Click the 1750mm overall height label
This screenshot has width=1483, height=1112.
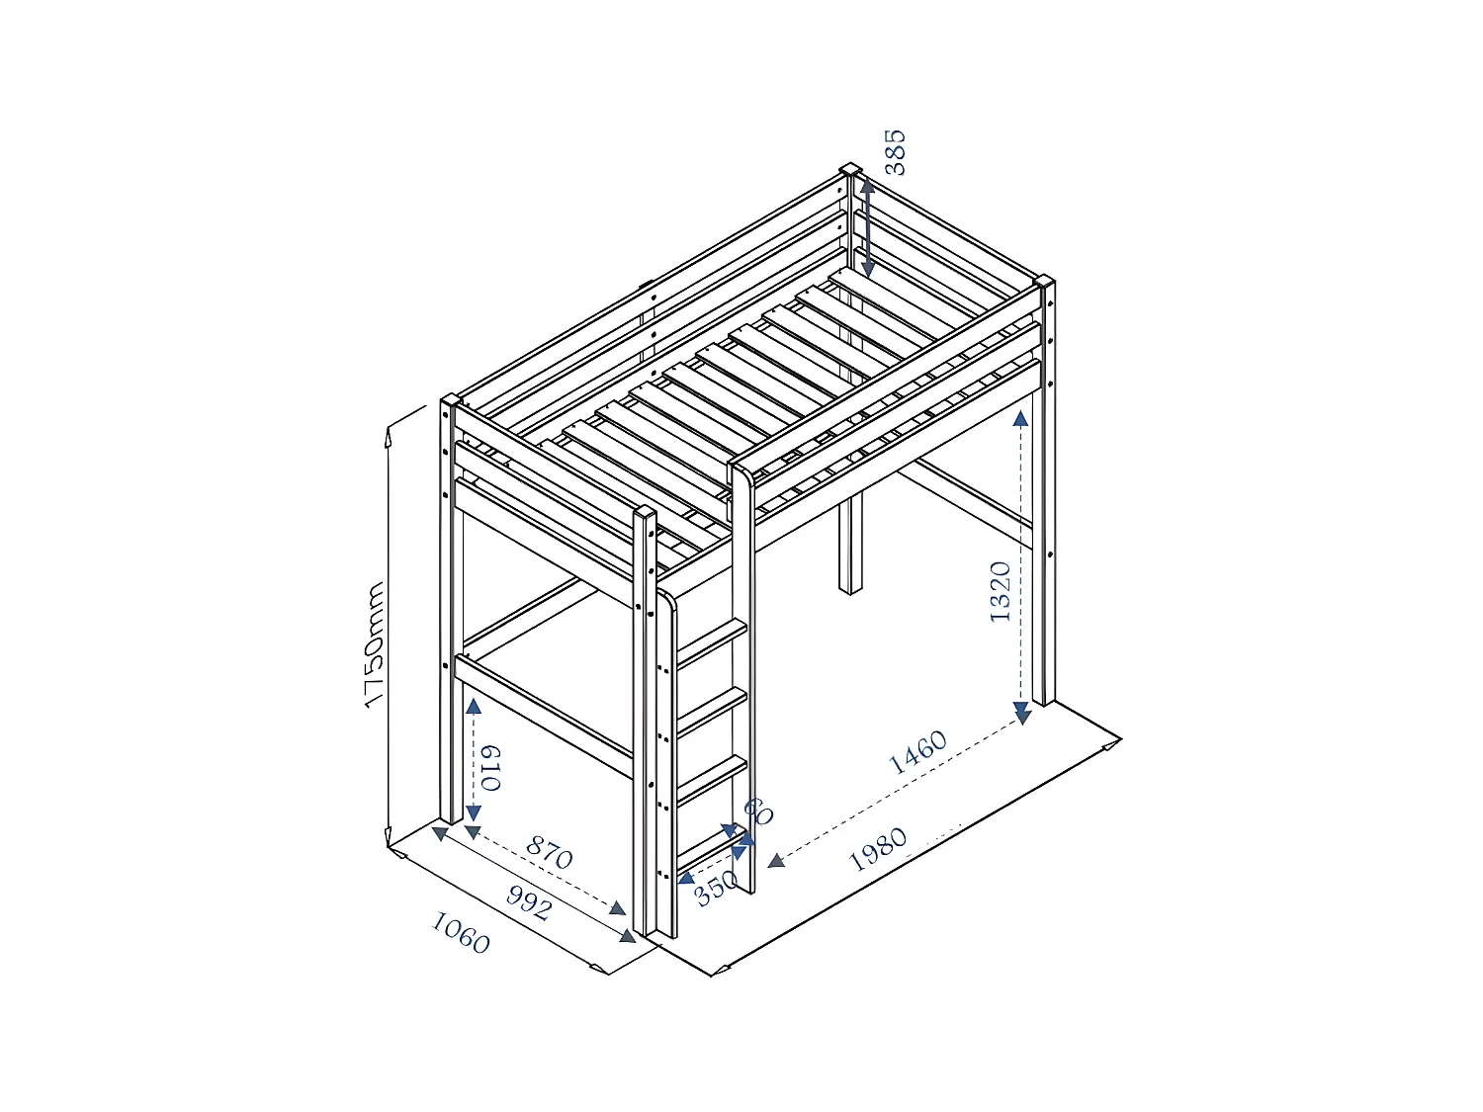pyautogui.click(x=374, y=645)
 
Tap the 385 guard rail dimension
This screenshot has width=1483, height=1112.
pyautogui.click(x=894, y=151)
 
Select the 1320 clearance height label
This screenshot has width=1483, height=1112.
pyautogui.click(x=1001, y=591)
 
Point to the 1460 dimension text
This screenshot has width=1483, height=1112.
pyautogui.click(x=918, y=753)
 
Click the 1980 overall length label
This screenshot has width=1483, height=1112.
pyautogui.click(x=878, y=849)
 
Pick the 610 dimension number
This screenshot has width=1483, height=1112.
pyautogui.click(x=491, y=768)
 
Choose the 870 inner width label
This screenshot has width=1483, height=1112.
pyautogui.click(x=549, y=852)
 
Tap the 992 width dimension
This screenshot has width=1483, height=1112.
pyautogui.click(x=528, y=901)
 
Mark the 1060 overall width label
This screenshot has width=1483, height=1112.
pyautogui.click(x=461, y=933)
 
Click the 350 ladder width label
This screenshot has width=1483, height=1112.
pyautogui.click(x=717, y=887)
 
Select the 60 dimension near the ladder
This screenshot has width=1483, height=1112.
pyautogui.click(x=758, y=812)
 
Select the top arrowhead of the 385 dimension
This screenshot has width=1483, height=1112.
pyautogui.click(x=866, y=185)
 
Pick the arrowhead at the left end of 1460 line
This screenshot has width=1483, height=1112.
pyautogui.click(x=777, y=861)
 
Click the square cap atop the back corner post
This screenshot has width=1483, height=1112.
pyautogui.click(x=849, y=169)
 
